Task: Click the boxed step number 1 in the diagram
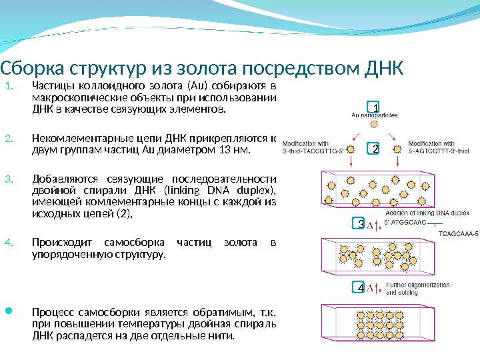click(x=375, y=107)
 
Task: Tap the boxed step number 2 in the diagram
click(x=375, y=149)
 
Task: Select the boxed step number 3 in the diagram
click(x=360, y=224)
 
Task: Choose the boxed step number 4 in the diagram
click(x=360, y=288)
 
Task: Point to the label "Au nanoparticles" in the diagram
click(x=374, y=115)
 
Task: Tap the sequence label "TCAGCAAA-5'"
click(x=459, y=234)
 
